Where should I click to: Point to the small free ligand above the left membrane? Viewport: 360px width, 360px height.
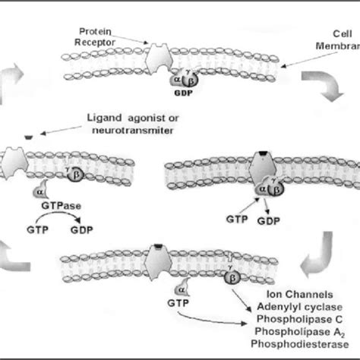(27, 137)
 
